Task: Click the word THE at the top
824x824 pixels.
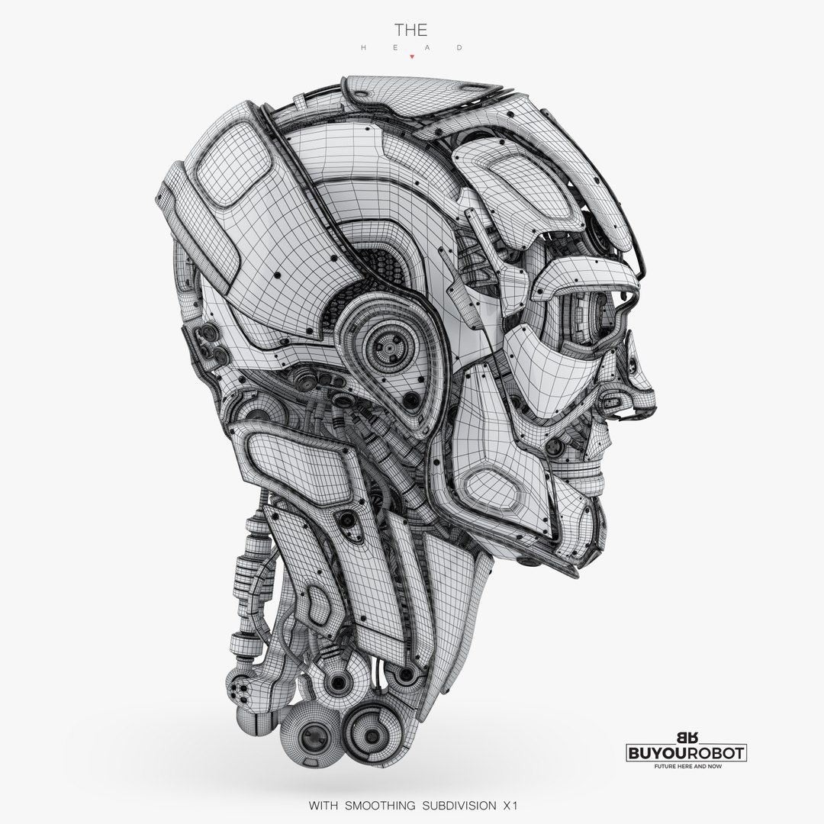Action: tap(410, 30)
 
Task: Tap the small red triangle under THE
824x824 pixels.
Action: tap(411, 56)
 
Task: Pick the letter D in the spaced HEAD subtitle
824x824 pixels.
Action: tap(460, 47)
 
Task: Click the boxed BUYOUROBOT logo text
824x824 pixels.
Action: tap(685, 753)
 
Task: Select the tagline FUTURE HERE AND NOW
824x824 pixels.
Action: tap(685, 766)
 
